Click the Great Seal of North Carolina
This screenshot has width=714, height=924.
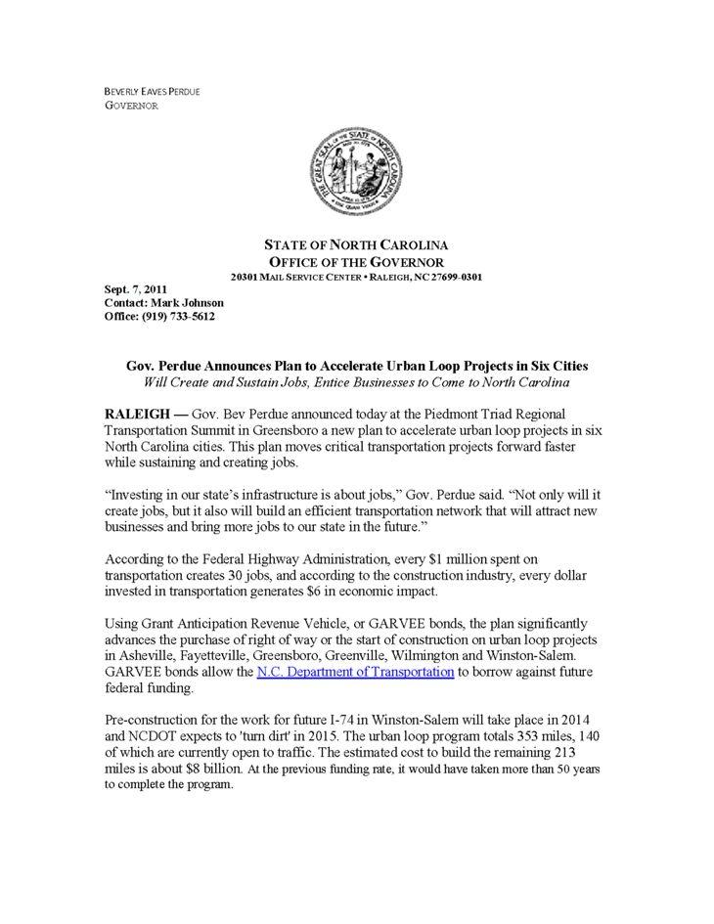(x=356, y=177)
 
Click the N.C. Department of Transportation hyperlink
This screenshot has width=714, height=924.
(x=355, y=673)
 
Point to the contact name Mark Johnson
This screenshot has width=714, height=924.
(x=190, y=303)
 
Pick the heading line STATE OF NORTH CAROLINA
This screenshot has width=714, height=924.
(x=357, y=244)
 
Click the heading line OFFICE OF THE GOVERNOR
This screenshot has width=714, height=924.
(x=357, y=262)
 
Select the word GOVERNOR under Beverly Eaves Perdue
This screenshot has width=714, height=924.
(x=131, y=106)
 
